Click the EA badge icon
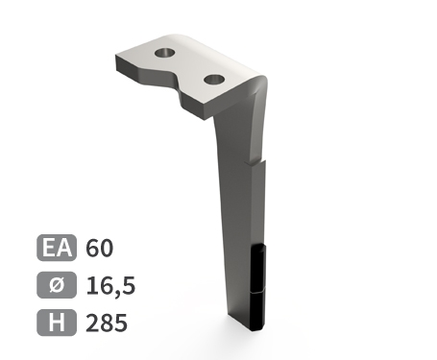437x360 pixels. click(x=58, y=248)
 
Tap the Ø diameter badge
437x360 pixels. click(x=58, y=285)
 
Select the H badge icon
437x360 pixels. click(x=58, y=323)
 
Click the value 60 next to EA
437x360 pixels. click(x=99, y=248)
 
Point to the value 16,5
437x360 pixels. click(x=109, y=285)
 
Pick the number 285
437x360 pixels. click(x=106, y=323)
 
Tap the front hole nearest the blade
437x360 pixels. click(x=212, y=77)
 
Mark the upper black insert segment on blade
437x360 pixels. click(x=257, y=266)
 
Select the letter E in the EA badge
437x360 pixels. click(x=50, y=248)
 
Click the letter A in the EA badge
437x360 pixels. click(x=65, y=248)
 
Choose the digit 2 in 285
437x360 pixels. click(x=92, y=323)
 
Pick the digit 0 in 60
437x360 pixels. click(x=106, y=248)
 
